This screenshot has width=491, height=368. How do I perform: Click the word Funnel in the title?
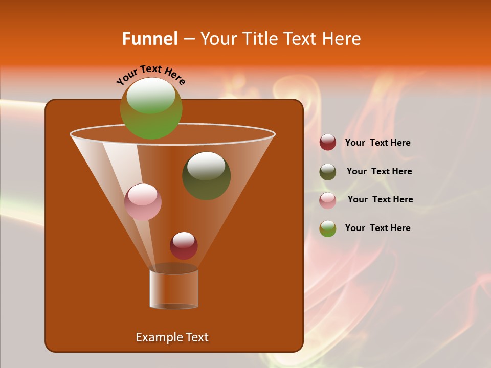tap(149, 39)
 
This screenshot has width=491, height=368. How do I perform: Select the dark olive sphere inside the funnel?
tap(207, 175)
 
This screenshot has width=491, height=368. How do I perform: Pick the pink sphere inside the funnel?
tap(143, 202)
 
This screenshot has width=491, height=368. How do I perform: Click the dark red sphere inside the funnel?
tap(184, 246)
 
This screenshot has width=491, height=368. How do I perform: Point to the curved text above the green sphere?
tap(151, 74)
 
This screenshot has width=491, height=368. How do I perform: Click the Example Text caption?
tap(172, 337)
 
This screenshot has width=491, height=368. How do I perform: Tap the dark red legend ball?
tap(328, 143)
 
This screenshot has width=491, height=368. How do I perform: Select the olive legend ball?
tap(328, 172)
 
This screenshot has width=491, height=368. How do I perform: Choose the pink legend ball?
tap(328, 200)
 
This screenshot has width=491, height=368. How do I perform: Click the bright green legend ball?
tap(328, 228)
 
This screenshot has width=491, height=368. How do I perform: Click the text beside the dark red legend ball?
tap(377, 143)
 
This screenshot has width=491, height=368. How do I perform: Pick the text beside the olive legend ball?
tap(379, 171)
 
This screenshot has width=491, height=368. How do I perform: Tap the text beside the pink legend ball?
tap(380, 199)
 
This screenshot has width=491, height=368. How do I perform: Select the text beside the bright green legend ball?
tap(377, 228)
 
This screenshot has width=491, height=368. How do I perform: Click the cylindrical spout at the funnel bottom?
tap(174, 289)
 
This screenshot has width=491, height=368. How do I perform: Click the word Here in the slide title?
tap(342, 39)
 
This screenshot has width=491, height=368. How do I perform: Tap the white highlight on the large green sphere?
tap(151, 95)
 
